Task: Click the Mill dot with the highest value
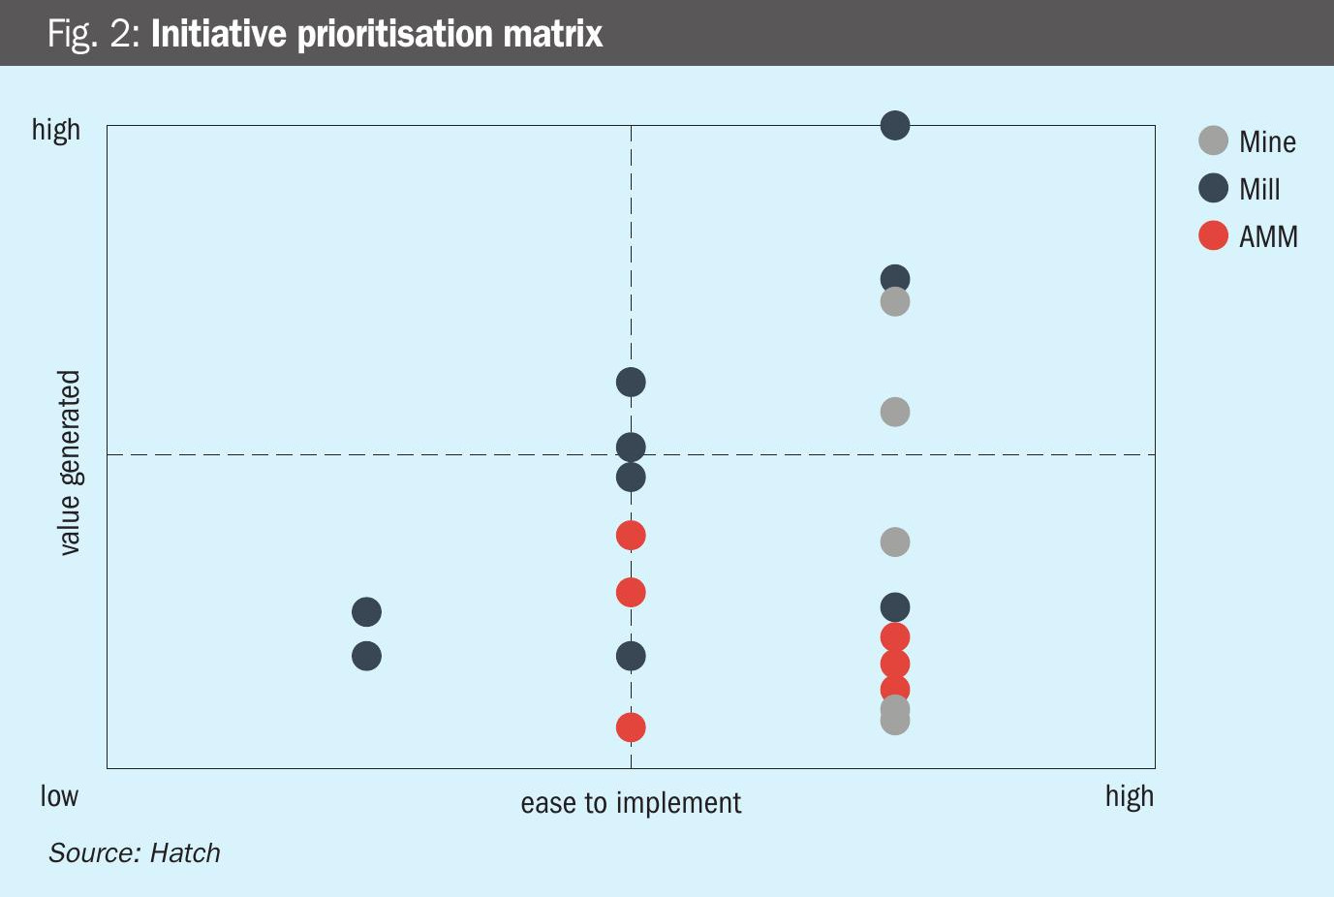[895, 125]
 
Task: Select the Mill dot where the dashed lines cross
[631, 448]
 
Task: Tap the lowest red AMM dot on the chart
[631, 727]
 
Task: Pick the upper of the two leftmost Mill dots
[366, 612]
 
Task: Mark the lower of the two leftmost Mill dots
[366, 656]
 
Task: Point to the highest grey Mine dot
[895, 302]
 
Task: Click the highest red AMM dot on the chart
[631, 535]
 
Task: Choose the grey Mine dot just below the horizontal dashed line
[895, 541]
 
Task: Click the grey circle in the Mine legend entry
[1213, 140]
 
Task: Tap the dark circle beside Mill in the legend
[1213, 188]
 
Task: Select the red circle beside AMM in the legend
[1213, 235]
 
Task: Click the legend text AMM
[1268, 236]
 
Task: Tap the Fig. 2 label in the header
[95, 35]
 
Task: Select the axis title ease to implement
[631, 803]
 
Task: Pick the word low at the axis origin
[59, 796]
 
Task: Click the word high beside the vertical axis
[56, 130]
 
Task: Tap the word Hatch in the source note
[185, 852]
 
